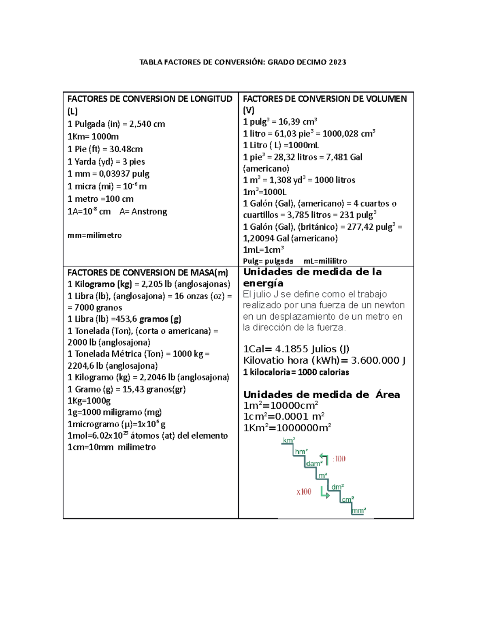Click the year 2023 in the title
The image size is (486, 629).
337,62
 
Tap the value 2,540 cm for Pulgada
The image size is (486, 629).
147,124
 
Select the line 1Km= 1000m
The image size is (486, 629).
93,136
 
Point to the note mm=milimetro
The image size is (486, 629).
94,235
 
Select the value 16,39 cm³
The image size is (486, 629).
298,122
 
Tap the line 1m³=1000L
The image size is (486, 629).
264,192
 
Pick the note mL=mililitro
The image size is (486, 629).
325,261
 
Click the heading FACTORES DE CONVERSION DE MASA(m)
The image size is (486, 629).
148,273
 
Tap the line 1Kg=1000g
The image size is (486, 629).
89,401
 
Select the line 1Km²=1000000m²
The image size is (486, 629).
287,428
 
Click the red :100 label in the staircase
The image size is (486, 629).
339,459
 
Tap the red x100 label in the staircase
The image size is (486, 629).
304,492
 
